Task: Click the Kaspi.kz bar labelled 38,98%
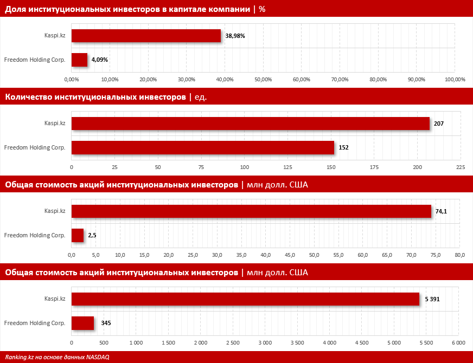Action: (x=146, y=36)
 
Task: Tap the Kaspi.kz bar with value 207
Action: (x=251, y=124)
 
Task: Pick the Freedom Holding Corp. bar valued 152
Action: (x=203, y=147)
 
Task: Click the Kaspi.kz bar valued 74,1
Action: (x=251, y=211)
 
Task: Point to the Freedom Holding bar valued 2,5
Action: (x=78, y=235)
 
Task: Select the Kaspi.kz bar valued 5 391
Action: (x=245, y=299)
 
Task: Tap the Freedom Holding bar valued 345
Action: (x=82, y=323)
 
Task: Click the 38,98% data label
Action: (x=235, y=36)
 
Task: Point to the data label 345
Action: (x=106, y=323)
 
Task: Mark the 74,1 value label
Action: (x=441, y=212)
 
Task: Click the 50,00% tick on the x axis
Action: (x=263, y=80)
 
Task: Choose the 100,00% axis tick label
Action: (x=455, y=80)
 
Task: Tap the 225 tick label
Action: (x=461, y=167)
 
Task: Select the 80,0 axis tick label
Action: (x=460, y=255)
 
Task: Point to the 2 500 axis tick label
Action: (x=232, y=343)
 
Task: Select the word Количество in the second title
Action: (x=28, y=97)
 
